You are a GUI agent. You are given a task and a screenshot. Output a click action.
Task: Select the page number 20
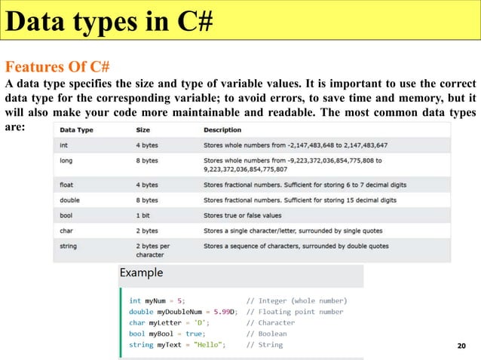pyautogui.click(x=463, y=345)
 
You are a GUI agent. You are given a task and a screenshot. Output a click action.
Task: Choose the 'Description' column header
pyautogui.click(x=222, y=130)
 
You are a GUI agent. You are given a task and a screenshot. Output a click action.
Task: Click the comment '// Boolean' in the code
pyautogui.click(x=267, y=333)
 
